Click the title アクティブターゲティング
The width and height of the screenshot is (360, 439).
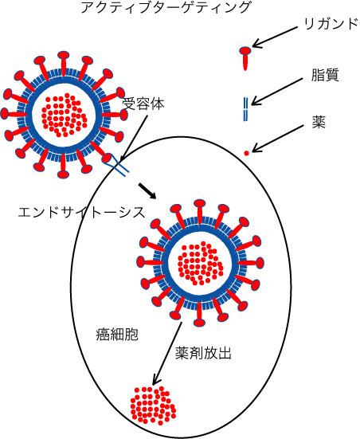point(166,7)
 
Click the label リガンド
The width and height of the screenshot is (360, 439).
point(331,24)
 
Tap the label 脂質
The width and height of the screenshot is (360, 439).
point(325,75)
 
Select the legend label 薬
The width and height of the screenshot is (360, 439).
point(319,123)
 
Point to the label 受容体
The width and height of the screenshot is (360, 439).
point(143,104)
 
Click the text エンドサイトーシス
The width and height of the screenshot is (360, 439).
point(82,212)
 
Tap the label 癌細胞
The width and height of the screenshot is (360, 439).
point(117,334)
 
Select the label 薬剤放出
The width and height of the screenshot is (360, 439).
point(203,353)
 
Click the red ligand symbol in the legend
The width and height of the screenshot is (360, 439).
point(245,58)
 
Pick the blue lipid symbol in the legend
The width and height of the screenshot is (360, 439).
point(245,109)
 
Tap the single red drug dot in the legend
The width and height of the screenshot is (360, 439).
point(246,153)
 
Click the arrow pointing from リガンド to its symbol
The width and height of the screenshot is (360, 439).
point(275,37)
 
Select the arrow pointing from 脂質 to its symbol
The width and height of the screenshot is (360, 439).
point(277,92)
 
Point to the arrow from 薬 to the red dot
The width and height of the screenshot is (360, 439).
point(277,139)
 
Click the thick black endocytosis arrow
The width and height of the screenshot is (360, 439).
point(147,191)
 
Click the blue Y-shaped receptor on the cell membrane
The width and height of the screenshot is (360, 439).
point(115,165)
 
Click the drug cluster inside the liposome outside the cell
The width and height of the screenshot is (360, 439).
point(64,116)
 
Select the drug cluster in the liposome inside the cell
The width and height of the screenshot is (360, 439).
point(201,263)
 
